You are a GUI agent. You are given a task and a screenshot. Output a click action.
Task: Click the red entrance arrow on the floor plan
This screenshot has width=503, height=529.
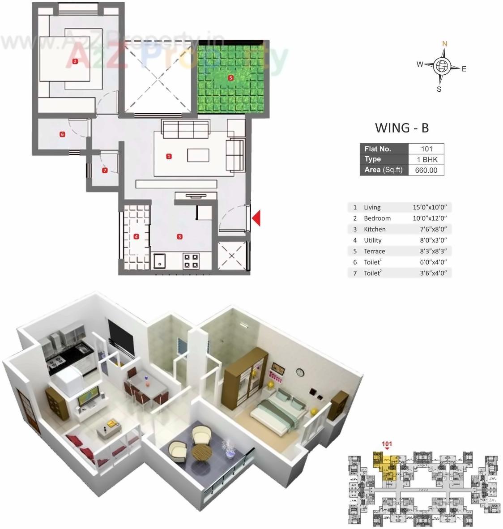[x=256, y=219]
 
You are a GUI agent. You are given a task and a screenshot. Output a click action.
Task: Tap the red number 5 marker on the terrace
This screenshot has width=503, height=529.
[x=231, y=78]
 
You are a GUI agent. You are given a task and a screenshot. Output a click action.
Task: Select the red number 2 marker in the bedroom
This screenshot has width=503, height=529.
[x=75, y=61]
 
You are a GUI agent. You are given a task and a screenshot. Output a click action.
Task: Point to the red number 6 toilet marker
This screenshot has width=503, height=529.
[x=62, y=134]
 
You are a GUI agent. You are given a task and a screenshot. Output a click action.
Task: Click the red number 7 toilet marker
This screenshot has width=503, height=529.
[x=105, y=171]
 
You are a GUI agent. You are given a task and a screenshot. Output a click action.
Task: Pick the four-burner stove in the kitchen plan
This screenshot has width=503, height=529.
[x=191, y=260]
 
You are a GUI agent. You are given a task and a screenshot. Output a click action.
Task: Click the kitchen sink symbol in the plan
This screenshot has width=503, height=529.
[x=159, y=260]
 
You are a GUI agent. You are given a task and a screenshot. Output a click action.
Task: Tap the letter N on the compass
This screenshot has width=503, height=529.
[x=445, y=44]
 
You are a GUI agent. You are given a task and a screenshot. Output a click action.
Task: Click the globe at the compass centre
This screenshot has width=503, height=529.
[x=441, y=66]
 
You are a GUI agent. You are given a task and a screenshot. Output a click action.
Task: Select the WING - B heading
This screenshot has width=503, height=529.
[x=401, y=128]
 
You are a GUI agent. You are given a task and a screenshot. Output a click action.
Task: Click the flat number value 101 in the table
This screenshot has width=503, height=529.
[x=426, y=149]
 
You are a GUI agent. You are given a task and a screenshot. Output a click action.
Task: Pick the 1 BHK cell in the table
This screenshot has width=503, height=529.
[x=426, y=160]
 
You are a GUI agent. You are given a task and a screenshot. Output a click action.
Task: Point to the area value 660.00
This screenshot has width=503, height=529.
[x=426, y=170]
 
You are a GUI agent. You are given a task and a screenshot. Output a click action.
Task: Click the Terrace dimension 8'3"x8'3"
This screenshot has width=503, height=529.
[x=434, y=252]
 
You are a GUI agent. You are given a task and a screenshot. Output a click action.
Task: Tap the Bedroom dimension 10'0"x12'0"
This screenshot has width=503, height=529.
[x=430, y=218]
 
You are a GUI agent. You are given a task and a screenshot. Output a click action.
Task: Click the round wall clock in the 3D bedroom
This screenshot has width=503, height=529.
[x=299, y=372]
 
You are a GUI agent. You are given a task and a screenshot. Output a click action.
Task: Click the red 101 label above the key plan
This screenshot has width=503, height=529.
[x=387, y=444]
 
